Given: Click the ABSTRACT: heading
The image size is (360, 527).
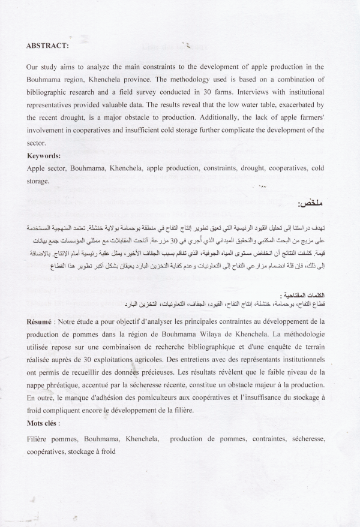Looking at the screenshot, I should [x=47, y=45].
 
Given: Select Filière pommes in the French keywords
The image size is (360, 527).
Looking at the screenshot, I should [x=52, y=439].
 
